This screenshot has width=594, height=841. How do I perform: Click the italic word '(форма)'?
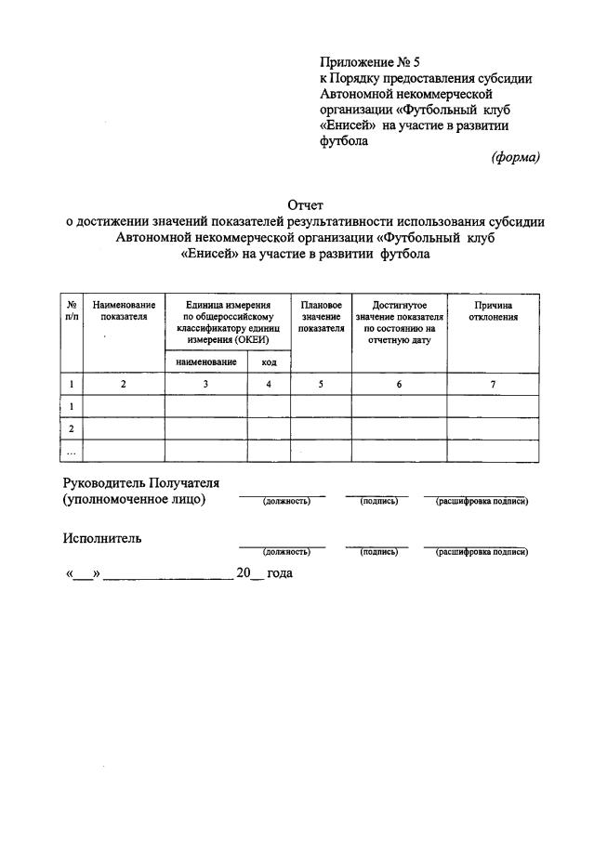(x=515, y=157)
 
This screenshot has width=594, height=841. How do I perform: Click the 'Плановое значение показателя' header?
(x=321, y=316)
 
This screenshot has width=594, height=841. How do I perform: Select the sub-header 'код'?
(x=269, y=362)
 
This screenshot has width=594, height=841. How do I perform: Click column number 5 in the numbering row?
(x=321, y=384)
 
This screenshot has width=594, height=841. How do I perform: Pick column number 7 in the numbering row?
(x=493, y=384)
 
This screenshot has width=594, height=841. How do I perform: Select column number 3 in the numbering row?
(x=205, y=384)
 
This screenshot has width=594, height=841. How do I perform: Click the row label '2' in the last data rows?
(x=71, y=428)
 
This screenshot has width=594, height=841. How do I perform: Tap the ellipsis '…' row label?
(x=71, y=451)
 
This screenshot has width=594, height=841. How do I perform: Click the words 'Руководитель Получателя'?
(x=140, y=482)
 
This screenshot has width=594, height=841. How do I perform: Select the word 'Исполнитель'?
(x=102, y=538)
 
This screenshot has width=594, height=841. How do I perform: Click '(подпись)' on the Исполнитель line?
(x=378, y=552)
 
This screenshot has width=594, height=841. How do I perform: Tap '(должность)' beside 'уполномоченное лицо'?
(x=285, y=502)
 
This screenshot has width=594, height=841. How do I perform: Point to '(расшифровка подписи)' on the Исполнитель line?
(x=482, y=552)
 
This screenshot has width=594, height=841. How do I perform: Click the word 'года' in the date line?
(x=279, y=573)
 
